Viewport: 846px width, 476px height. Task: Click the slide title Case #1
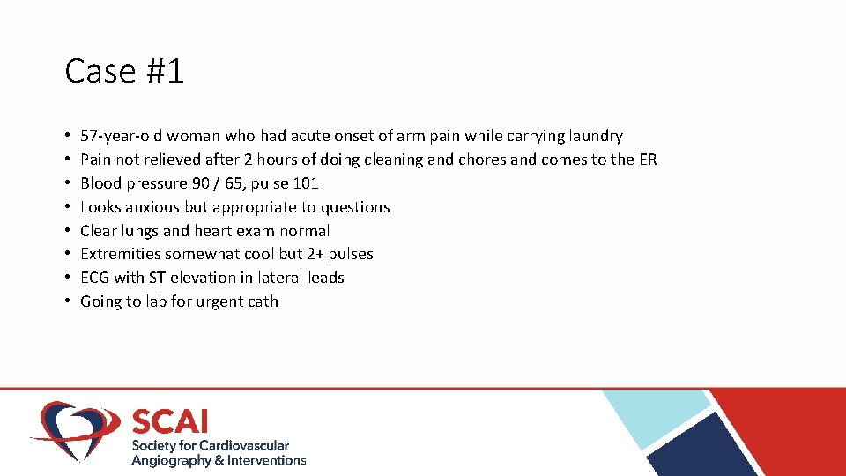124,71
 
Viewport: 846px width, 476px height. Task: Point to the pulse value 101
305,183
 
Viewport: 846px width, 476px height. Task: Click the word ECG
94,278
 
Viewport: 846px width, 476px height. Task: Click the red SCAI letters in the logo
170,420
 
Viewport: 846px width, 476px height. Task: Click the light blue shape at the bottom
657,414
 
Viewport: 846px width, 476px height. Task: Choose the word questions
354,207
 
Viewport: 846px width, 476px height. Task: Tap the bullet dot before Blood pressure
68,183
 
